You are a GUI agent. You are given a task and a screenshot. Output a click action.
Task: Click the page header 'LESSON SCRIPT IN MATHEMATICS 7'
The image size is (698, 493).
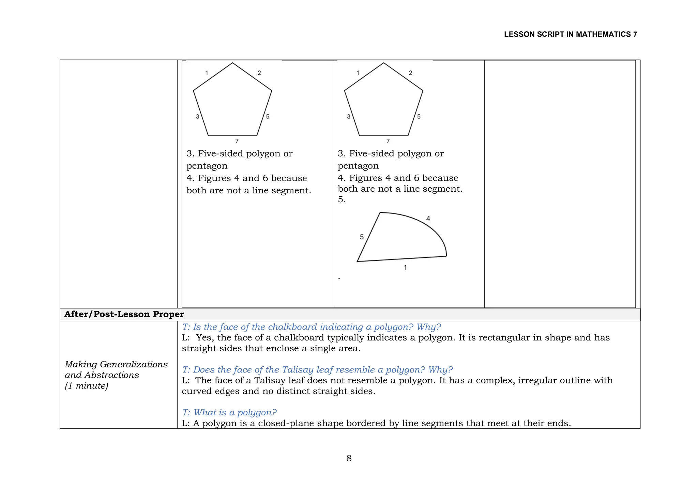(570, 34)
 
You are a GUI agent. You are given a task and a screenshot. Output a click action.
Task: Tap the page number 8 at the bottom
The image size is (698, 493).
(349, 458)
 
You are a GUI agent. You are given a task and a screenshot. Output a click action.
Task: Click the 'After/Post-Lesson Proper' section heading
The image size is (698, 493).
(124, 314)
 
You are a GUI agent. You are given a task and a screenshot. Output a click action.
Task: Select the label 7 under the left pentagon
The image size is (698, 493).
(237, 141)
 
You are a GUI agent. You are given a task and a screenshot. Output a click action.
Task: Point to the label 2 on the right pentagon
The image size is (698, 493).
(410, 73)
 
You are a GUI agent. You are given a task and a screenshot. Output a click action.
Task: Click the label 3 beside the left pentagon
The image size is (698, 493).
(197, 117)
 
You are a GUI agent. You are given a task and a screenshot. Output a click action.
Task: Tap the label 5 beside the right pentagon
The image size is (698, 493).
(419, 117)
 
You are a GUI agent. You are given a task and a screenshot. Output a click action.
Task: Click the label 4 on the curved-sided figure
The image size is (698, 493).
(428, 219)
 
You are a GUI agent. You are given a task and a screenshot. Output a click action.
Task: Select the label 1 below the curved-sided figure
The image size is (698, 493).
(405, 268)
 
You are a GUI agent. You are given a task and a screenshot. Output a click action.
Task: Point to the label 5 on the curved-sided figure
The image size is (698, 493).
(362, 237)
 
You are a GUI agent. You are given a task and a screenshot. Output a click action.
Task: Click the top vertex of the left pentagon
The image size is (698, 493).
(232, 63)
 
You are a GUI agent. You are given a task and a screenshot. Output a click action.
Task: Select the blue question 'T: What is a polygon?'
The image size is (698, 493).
(229, 413)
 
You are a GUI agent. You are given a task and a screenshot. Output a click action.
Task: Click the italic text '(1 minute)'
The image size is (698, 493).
(87, 386)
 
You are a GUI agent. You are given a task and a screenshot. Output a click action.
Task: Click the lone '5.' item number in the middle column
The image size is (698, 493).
(342, 200)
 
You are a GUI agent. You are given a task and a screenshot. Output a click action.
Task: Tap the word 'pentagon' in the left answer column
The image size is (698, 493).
(207, 166)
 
